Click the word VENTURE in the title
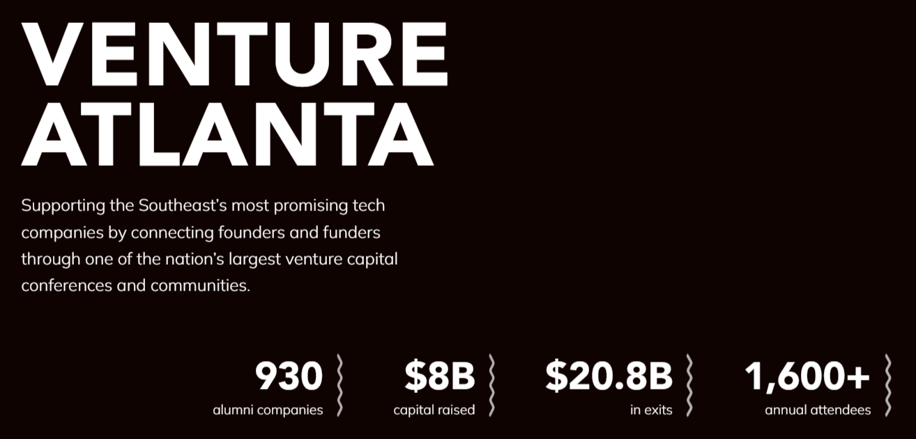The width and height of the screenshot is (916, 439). coord(234,53)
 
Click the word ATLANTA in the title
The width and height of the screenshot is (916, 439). coord(227,134)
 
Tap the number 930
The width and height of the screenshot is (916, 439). coord(289,377)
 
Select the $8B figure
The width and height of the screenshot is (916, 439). coord(439,377)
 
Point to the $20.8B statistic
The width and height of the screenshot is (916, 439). coord(609,377)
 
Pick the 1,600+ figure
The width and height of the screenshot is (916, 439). coord(807,377)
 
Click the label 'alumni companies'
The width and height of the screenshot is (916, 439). coord(268,410)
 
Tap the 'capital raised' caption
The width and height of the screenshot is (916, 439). coord(434,410)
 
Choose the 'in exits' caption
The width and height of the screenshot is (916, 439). coord(651,410)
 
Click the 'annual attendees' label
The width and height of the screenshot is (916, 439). coord(818,410)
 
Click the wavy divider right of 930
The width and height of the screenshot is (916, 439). coord(340,385)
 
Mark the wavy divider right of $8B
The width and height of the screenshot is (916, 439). coord(491,385)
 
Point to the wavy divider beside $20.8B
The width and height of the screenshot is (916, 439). coord(689,385)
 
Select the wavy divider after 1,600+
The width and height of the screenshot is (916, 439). coord(887,385)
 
